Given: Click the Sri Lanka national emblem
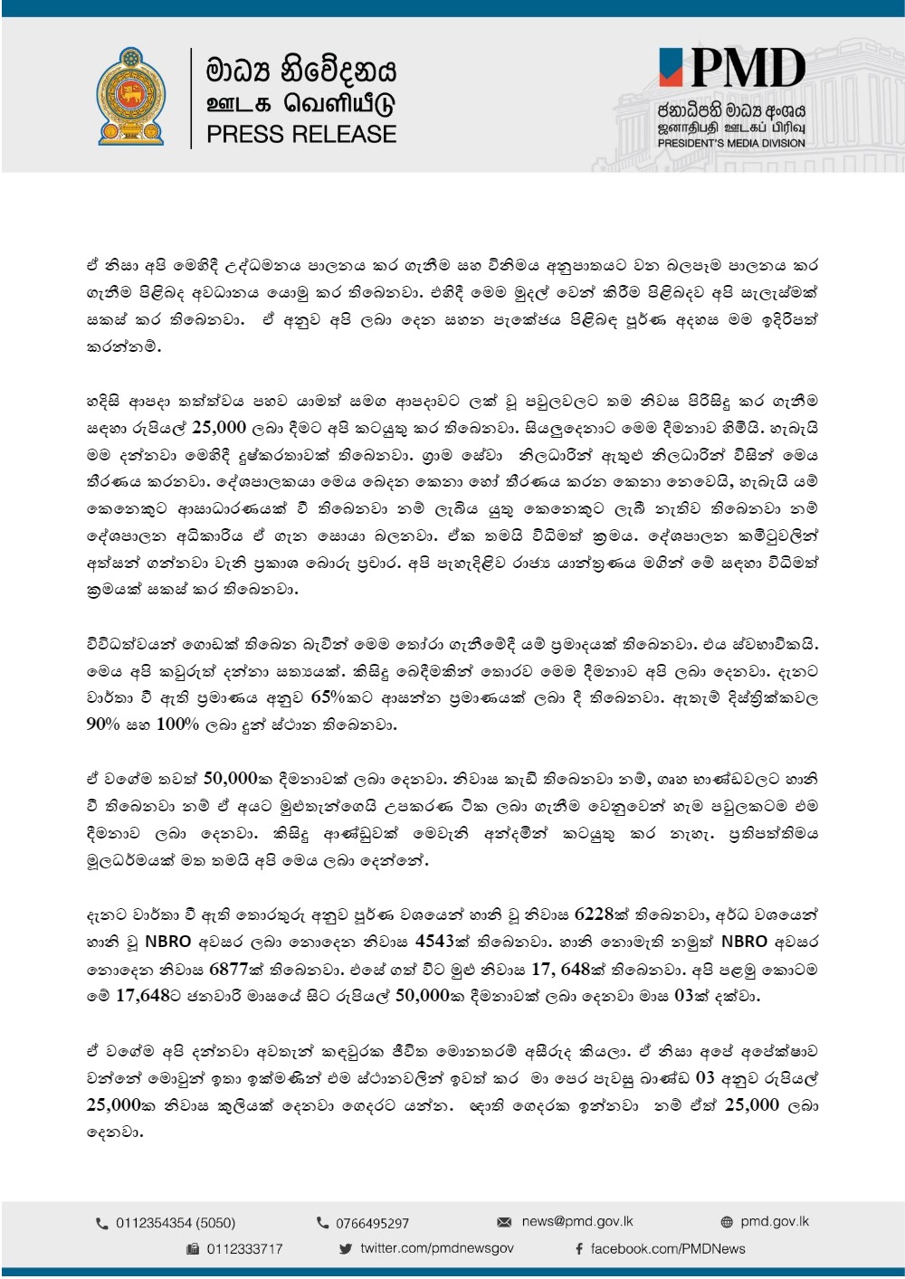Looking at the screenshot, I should click(x=131, y=97).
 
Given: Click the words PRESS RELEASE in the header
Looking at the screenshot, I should click(x=301, y=135).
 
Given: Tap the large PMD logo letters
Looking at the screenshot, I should click(x=748, y=69).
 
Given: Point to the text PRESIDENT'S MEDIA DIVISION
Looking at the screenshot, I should click(x=730, y=143).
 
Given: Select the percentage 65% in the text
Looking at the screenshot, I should click(x=329, y=697).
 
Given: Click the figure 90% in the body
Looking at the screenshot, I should click(x=103, y=725).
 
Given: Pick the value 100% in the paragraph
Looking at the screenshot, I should click(x=177, y=725).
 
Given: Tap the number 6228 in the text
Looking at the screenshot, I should click(x=594, y=914).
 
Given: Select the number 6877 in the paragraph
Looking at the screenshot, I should click(x=228, y=969).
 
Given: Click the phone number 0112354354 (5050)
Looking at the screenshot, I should click(x=175, y=1223).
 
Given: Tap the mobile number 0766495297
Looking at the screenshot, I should click(x=372, y=1223).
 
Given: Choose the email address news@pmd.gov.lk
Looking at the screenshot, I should click(x=577, y=1221).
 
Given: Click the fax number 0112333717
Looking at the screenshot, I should click(x=244, y=1249).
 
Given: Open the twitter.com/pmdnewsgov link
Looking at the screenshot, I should click(x=436, y=1248).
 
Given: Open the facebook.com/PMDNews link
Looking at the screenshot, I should click(x=667, y=1249).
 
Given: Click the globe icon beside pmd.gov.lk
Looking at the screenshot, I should click(x=726, y=1222).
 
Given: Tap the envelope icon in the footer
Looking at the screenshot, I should click(x=504, y=1222).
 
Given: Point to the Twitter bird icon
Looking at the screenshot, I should click(x=345, y=1249).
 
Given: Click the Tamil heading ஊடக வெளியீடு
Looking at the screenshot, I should click(x=301, y=103).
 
